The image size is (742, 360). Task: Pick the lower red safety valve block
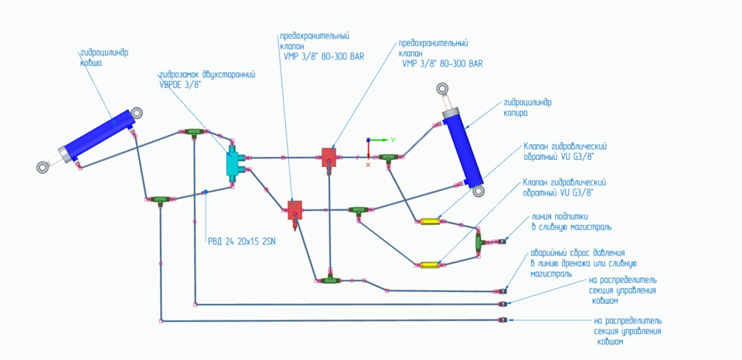294,209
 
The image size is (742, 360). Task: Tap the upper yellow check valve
431,222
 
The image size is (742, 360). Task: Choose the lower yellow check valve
430,265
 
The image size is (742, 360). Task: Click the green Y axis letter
393,139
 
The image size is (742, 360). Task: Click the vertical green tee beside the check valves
479,242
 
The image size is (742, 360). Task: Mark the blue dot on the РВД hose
205,192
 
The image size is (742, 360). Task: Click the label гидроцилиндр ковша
104,58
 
